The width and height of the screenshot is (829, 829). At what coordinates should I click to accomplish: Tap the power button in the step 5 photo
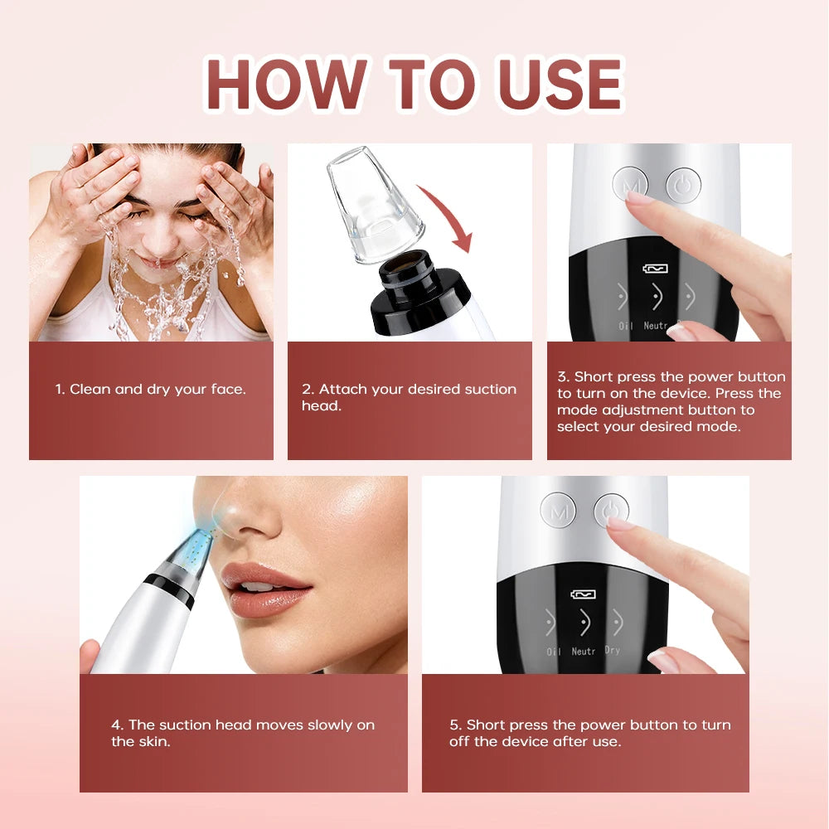click(x=611, y=511)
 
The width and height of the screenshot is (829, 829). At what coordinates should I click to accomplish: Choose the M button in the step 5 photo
click(x=558, y=511)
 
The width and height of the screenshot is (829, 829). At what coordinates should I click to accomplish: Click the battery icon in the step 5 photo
click(x=583, y=594)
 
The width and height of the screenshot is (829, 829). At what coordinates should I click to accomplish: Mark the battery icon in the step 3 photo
click(x=656, y=269)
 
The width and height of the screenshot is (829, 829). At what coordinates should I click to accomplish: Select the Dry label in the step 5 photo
click(x=613, y=651)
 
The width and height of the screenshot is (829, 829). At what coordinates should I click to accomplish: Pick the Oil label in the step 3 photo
click(x=625, y=326)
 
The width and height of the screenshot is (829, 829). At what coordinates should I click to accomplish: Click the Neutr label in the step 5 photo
click(x=583, y=652)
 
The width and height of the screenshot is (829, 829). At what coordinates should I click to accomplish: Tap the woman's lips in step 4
click(x=264, y=588)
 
